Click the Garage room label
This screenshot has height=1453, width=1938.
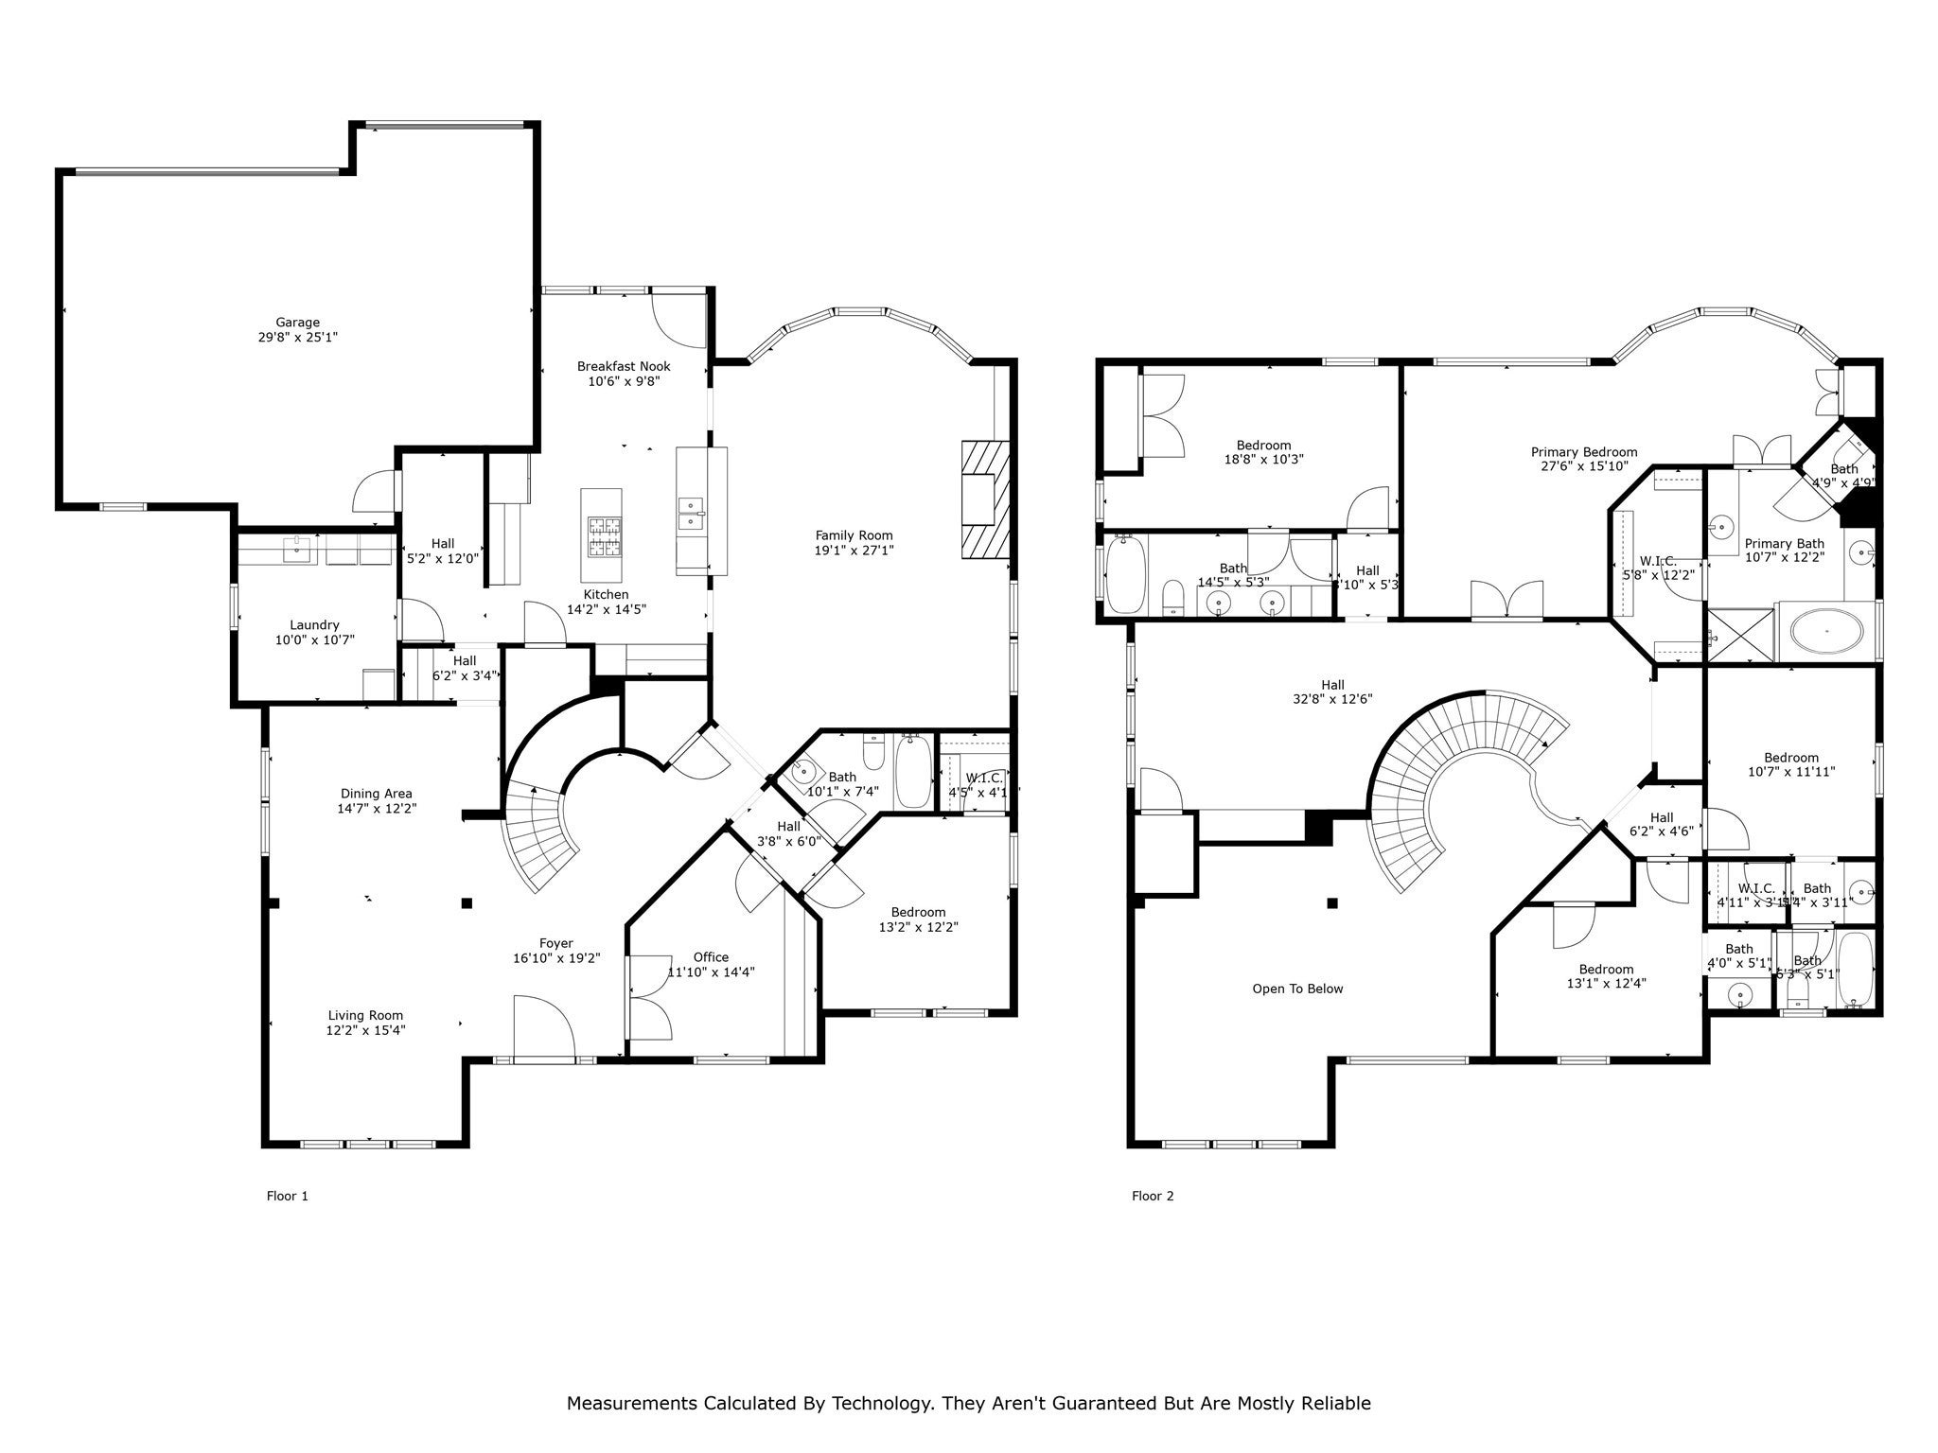(297, 323)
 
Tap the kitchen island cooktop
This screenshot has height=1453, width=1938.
(601, 536)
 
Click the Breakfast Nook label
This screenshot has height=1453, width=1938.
(624, 366)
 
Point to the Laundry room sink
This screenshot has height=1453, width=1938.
(298, 549)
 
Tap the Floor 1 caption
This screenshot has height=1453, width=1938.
(287, 1196)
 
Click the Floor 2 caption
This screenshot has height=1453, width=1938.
(1153, 1196)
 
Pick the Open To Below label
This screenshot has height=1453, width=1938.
(1297, 989)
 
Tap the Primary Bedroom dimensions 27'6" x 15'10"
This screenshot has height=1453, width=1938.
(1583, 466)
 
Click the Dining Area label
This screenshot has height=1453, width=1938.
(376, 794)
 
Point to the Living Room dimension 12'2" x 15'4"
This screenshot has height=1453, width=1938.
(365, 1030)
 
